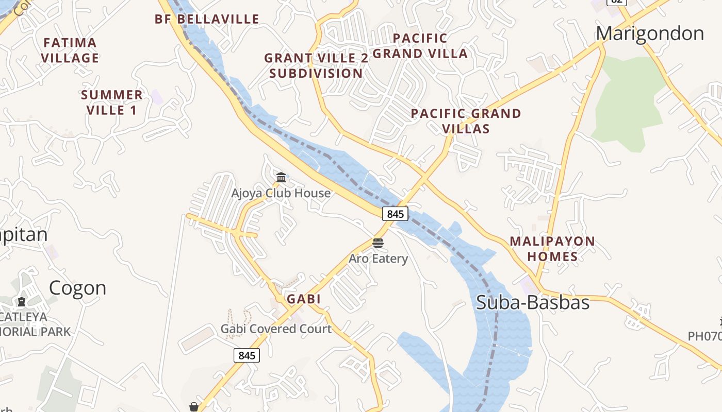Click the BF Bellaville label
coord(207,20)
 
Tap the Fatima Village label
coord(70,50)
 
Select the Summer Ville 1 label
coord(111,102)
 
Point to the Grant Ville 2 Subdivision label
coord(316,65)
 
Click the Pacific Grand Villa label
coord(420,45)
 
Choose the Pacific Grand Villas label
coord(466,121)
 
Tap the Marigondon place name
coord(650,33)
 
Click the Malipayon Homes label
coord(552,248)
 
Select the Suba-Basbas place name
coord(532,302)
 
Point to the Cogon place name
coord(77,288)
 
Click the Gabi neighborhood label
coord(304,299)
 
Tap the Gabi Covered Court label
coord(276,329)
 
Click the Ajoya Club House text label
coord(281,193)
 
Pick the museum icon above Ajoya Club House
coord(281,178)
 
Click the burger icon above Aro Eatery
coord(378,243)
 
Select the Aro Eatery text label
coord(378,259)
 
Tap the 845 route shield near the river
coord(395,213)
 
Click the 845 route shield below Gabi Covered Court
coord(247,355)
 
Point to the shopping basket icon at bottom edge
coord(194,407)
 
